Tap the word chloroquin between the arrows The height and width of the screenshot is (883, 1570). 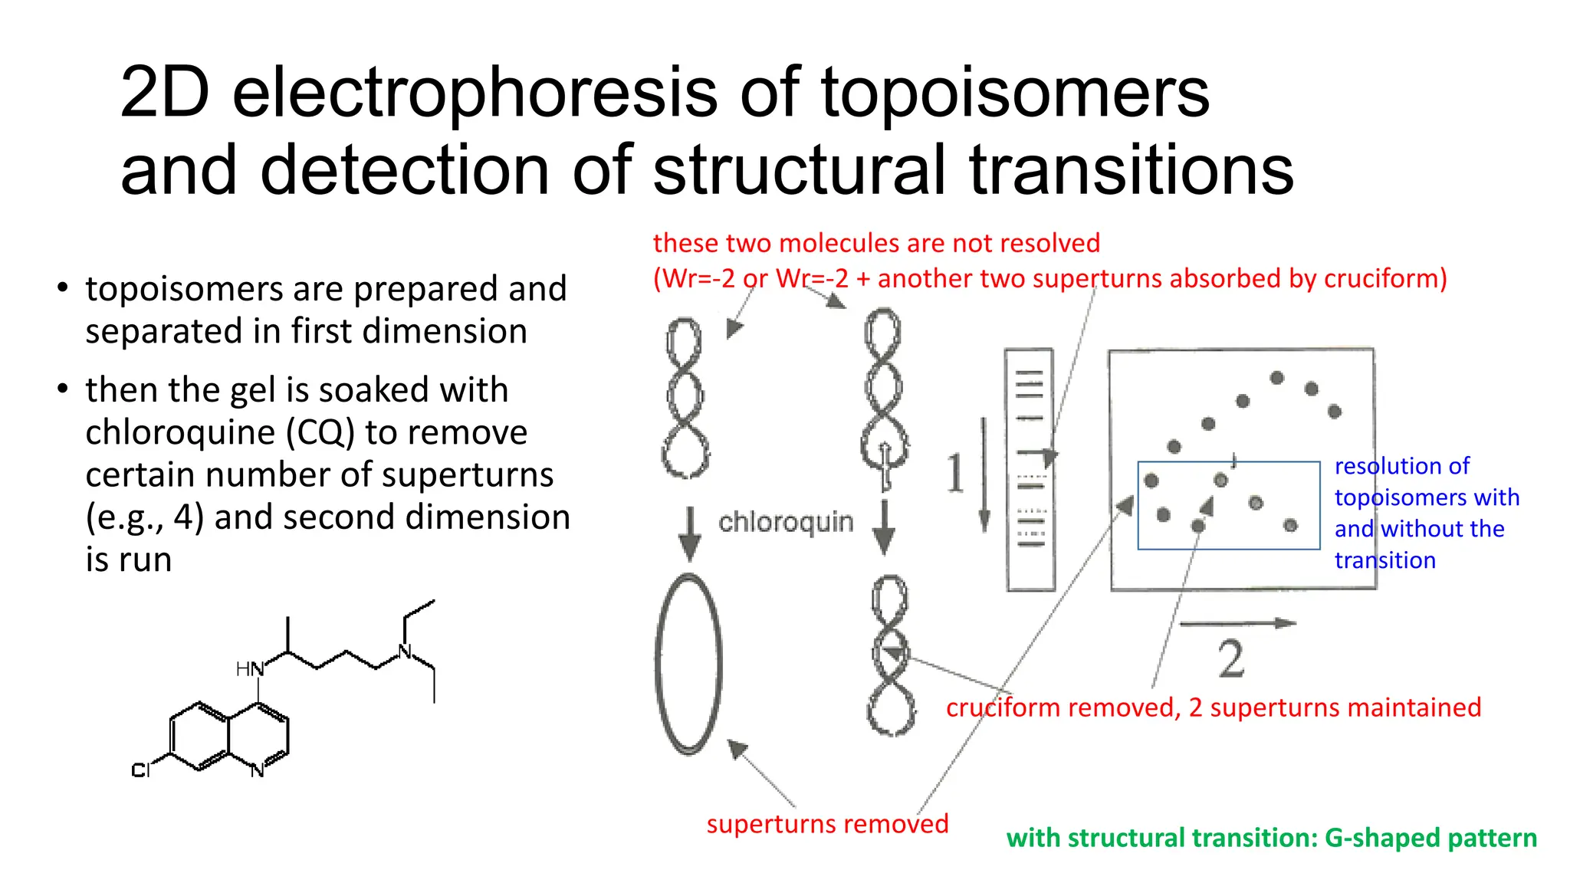(785, 522)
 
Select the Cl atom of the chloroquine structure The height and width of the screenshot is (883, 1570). (140, 770)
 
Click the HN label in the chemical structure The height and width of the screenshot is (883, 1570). (249, 669)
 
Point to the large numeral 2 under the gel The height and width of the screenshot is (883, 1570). (1230, 658)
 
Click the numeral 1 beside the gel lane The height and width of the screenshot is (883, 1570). (955, 473)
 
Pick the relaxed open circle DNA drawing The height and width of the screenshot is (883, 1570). (688, 664)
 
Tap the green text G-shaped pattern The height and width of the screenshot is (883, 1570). (1430, 838)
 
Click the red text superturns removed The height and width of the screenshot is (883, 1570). (827, 824)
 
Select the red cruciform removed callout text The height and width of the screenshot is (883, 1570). (1213, 707)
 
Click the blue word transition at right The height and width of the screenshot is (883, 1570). (1384, 560)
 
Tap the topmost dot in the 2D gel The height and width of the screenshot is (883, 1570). (1276, 378)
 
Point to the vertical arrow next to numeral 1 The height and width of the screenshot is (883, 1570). (984, 475)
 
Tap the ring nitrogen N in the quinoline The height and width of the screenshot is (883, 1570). (258, 770)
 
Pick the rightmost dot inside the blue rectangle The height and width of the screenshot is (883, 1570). (1290, 525)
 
